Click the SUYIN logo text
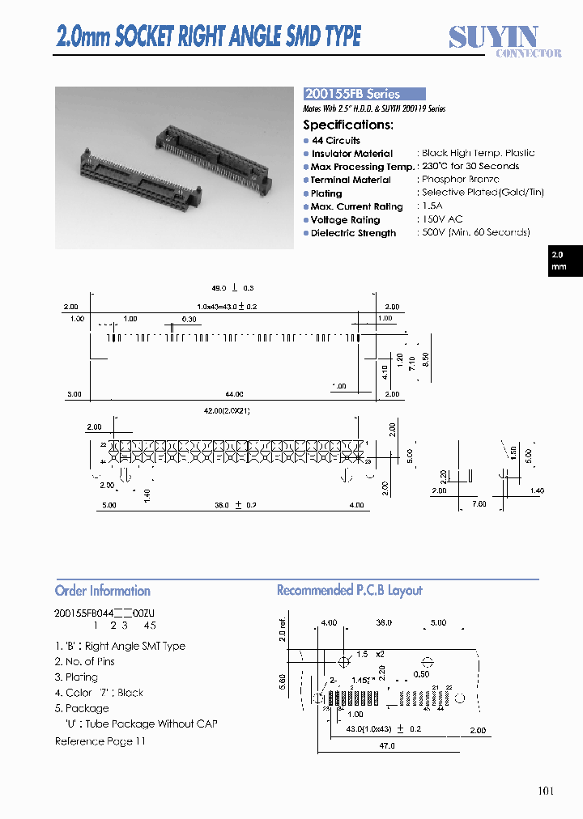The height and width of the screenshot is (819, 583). coord(493,37)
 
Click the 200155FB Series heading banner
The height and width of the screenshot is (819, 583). coord(364,94)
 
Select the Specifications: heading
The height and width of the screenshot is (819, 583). coord(348,125)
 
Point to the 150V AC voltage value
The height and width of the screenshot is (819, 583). coord(442,219)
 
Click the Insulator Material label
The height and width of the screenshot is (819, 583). coord(352,154)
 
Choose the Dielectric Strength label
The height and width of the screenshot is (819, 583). coord(354,233)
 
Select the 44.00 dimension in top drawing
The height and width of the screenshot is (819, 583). coord(234,394)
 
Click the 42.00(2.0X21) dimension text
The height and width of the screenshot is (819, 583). coord(227,411)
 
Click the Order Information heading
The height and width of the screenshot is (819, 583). coord(103,591)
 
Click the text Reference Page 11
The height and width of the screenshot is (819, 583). coord(100,741)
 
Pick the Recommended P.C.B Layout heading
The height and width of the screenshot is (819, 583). coord(350,591)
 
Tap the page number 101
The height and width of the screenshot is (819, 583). coord(546,791)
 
